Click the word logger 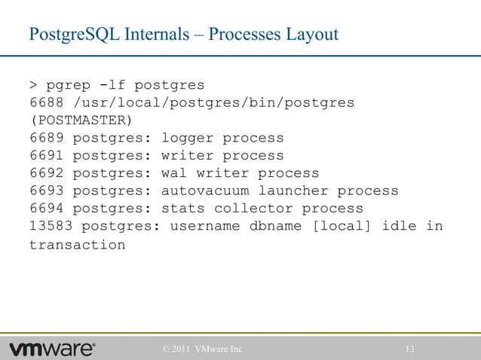tap(188, 138)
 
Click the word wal tap(174, 173)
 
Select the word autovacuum tap(205, 191)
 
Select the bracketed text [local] tap(342, 226)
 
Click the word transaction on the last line tap(78, 245)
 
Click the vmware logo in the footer tap(53, 349)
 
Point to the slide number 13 tap(411, 349)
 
